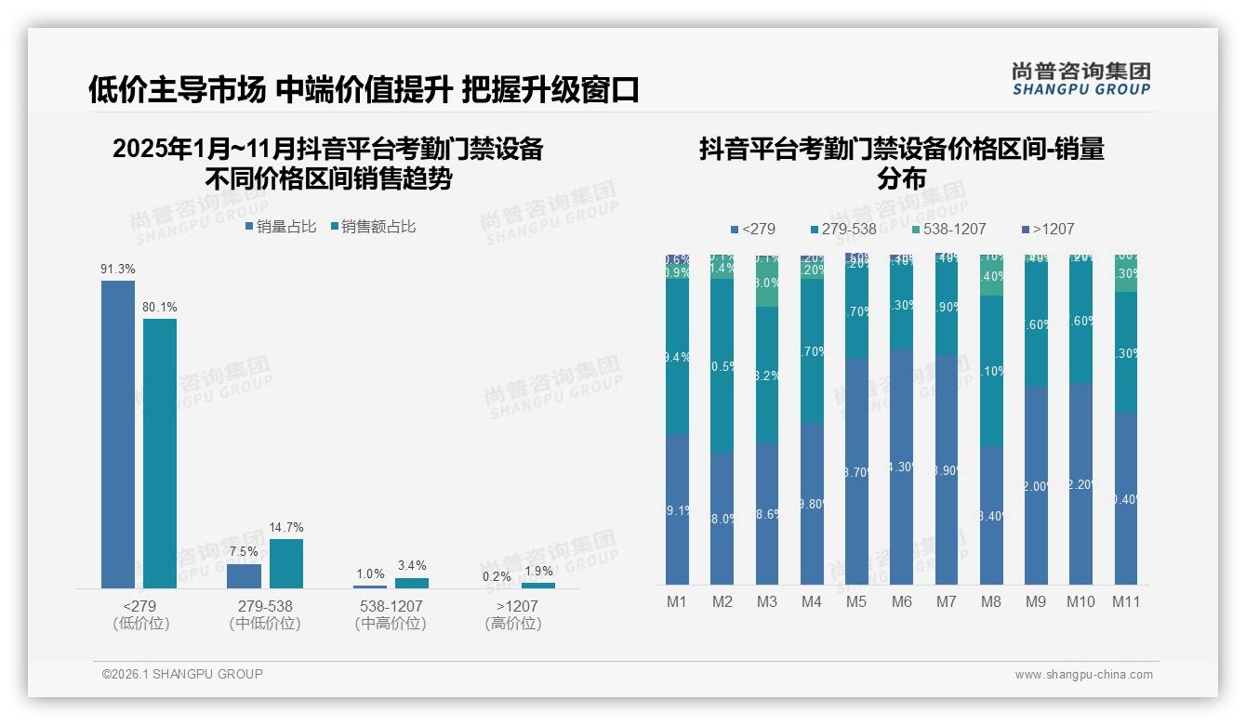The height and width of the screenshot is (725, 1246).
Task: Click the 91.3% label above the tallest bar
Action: coord(118,270)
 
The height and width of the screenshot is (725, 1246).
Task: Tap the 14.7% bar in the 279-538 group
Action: coord(286,563)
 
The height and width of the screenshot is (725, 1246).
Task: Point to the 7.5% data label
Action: coord(244,552)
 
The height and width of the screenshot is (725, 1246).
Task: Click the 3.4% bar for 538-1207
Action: coord(412,583)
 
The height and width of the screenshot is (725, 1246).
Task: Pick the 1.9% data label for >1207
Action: coord(538,572)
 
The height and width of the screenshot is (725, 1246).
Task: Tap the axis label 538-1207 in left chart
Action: coord(391,606)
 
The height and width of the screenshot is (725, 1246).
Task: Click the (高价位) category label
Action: coord(513,624)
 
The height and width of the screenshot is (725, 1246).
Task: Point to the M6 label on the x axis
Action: coord(901,601)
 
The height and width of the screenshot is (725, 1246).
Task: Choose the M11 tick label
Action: coord(1126,601)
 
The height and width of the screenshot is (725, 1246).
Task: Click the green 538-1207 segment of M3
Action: coord(766,283)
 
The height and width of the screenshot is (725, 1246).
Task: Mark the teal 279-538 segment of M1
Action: coord(677,357)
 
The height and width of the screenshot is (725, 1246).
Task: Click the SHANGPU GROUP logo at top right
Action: coord(1080,79)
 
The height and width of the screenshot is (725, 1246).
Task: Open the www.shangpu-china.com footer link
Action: coord(1083,675)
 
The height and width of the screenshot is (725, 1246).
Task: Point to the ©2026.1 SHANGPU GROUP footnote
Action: coord(182,674)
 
